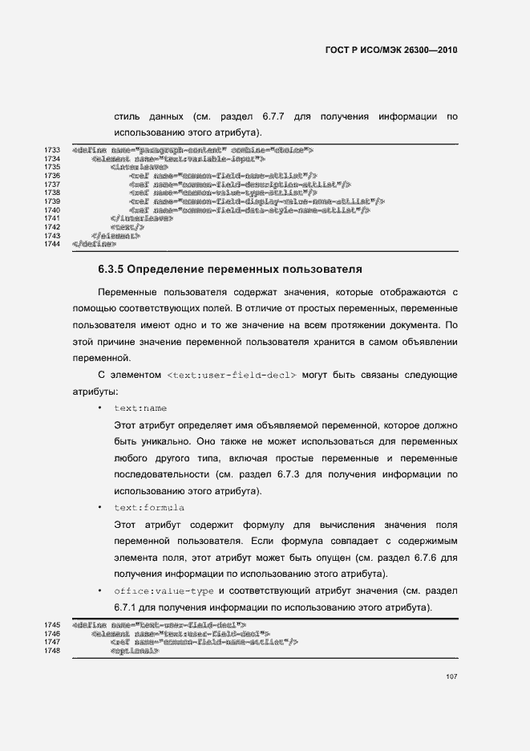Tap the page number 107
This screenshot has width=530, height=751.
tap(451, 676)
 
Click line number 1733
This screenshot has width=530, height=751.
tap(54, 150)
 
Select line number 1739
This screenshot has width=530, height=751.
tap(54, 201)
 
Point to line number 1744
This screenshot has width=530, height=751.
tap(54, 243)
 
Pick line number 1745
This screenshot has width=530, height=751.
tap(54, 623)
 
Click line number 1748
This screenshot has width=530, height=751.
tap(54, 650)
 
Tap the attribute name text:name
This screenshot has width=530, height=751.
tap(140, 408)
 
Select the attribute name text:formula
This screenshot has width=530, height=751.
tap(149, 508)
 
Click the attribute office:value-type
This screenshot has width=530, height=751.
tap(164, 591)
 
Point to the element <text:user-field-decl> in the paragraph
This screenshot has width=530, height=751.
tap(233, 375)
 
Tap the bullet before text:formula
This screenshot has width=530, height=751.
tap(99, 508)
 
